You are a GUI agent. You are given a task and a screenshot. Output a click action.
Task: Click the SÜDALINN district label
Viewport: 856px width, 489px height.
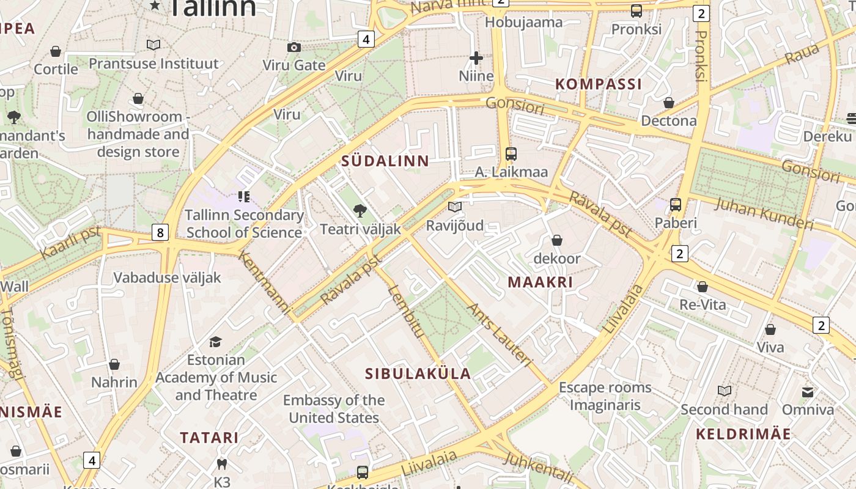click(x=385, y=161)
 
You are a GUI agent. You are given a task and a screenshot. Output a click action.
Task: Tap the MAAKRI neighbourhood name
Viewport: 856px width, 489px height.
click(x=541, y=282)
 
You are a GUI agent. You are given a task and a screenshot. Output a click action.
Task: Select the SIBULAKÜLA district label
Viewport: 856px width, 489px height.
click(x=418, y=374)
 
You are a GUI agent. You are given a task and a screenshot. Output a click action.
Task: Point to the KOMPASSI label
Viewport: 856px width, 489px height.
click(x=599, y=84)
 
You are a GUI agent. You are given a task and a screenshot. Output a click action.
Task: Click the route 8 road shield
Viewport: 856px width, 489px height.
click(x=160, y=232)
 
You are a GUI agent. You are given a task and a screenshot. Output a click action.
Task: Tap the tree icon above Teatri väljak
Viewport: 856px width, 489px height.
click(x=360, y=211)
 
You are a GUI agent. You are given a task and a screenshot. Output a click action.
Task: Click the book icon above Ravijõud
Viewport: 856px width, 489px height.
click(x=454, y=207)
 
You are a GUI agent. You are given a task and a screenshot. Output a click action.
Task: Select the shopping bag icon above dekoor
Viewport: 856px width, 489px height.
click(x=556, y=240)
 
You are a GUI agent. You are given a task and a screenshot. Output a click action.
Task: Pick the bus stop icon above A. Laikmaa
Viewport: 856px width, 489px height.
click(x=511, y=154)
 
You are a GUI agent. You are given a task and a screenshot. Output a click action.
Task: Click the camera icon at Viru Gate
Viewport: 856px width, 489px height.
click(x=294, y=47)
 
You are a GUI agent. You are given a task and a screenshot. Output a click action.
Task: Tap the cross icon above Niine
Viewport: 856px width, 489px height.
click(x=476, y=59)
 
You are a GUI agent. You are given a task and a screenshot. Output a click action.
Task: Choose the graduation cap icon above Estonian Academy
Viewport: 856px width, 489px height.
click(x=215, y=342)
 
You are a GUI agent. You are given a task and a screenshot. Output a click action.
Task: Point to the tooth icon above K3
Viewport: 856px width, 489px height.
click(x=222, y=465)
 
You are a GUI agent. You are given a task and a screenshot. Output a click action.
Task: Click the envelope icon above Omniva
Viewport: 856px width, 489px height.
click(x=808, y=392)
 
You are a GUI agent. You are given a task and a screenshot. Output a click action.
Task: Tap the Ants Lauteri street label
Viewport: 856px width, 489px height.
click(x=500, y=334)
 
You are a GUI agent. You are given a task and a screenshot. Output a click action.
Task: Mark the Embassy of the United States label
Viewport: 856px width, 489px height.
click(x=334, y=409)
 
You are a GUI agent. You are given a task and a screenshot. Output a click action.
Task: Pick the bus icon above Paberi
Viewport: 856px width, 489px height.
click(x=676, y=205)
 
